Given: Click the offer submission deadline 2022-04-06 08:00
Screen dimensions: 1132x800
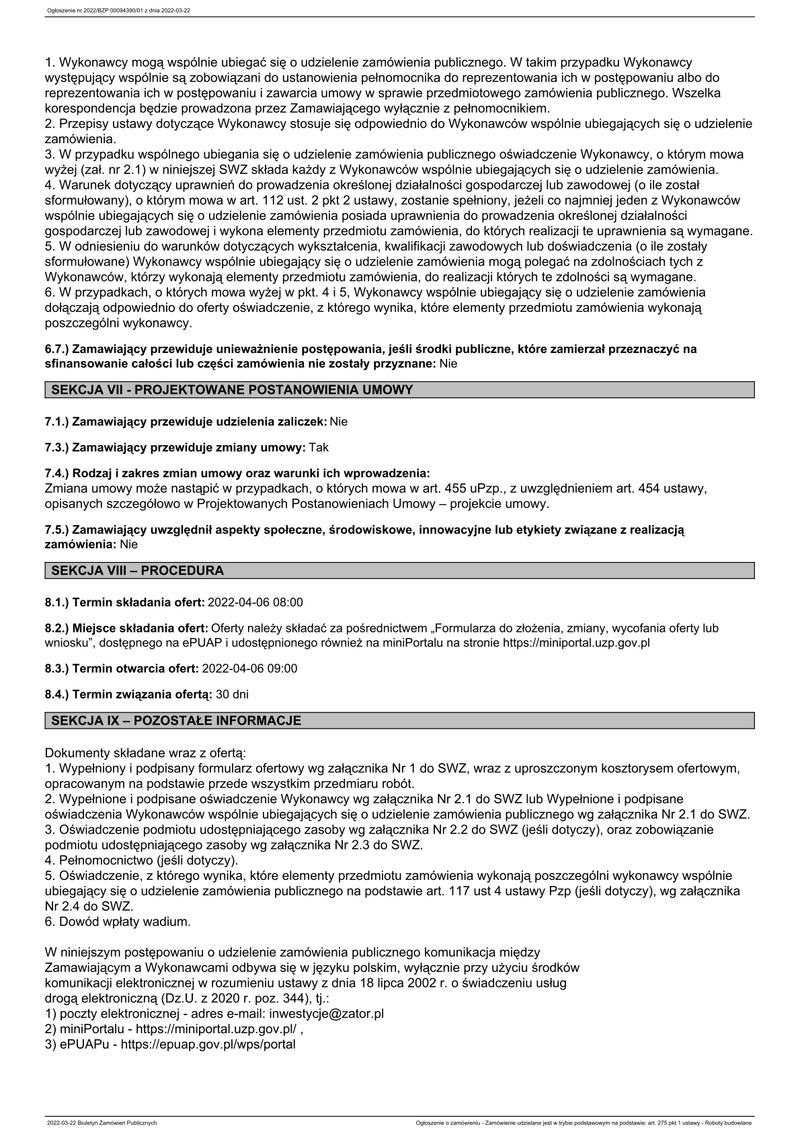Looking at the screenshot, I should (255, 602).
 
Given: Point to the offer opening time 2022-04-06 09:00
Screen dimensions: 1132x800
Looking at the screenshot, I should (249, 668).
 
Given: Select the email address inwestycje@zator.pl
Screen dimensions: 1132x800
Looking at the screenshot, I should (326, 1014).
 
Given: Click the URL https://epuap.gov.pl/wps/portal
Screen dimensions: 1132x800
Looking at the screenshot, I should (208, 1045).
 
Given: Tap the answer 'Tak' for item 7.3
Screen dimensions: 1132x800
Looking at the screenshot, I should (319, 447).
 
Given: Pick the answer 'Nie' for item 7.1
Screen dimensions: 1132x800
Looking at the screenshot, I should (339, 421).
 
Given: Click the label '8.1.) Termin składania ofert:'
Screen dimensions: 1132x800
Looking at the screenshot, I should (125, 602).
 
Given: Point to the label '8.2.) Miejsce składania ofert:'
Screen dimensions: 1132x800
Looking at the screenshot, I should (126, 629).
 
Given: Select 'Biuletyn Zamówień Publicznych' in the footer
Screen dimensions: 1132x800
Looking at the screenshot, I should (102, 1123).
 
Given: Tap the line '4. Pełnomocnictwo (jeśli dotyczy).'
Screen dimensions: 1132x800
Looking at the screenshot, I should (141, 860).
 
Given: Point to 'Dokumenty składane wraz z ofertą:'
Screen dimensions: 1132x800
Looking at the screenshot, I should (145, 752).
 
